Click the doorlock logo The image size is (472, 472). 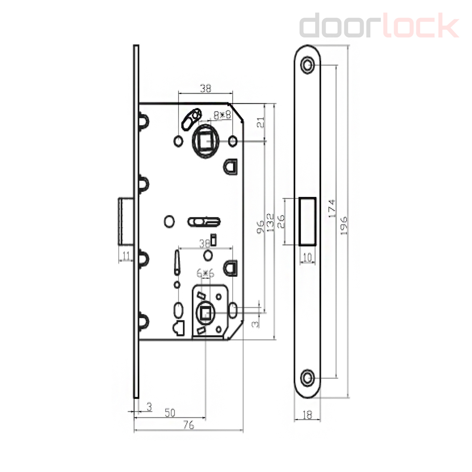(x=379, y=25)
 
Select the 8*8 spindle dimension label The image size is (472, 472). (x=222, y=115)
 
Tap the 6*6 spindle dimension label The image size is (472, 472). (x=205, y=273)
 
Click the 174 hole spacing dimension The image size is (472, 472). (x=332, y=208)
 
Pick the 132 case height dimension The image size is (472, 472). (x=270, y=222)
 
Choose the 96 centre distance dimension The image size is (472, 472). (x=260, y=227)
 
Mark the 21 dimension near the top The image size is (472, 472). (x=261, y=122)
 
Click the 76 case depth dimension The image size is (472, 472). (x=188, y=425)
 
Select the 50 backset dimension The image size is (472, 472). (x=170, y=413)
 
